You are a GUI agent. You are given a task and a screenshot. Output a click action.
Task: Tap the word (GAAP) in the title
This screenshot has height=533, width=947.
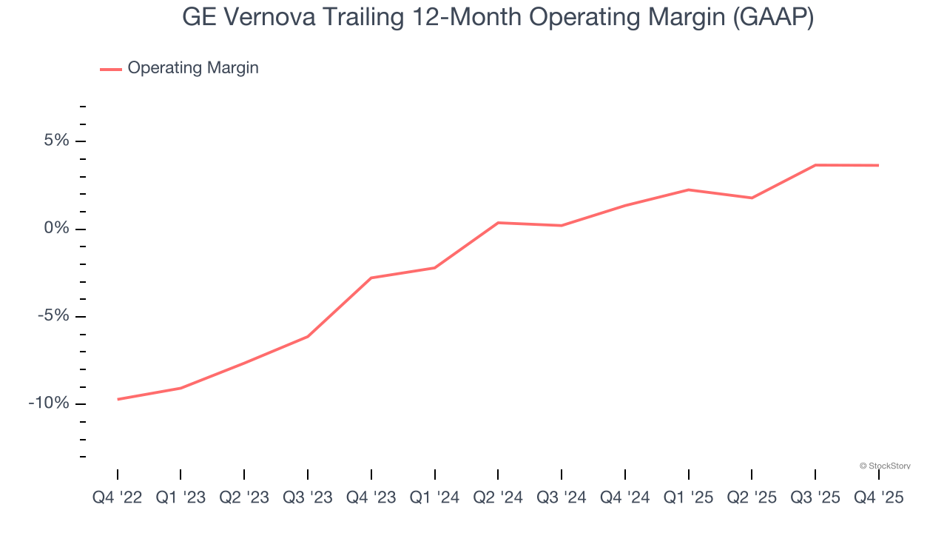pos(773,18)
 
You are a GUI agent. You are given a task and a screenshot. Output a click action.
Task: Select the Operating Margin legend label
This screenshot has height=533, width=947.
pos(193,68)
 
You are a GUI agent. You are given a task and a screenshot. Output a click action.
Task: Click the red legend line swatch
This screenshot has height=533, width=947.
pos(111,70)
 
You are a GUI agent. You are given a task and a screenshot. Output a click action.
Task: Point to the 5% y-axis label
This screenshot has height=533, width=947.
pos(56,141)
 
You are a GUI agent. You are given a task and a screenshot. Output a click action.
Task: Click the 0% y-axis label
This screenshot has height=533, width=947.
pos(56,228)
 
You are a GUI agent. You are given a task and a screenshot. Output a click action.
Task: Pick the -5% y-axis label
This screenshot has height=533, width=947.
pos(53,316)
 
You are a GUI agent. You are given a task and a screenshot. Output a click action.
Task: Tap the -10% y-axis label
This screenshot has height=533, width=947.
pos(50,403)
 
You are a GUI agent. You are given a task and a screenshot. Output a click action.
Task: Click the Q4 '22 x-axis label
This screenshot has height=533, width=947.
pos(117,497)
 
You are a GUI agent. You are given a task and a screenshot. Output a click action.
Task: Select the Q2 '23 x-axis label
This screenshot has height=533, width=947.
pos(244,497)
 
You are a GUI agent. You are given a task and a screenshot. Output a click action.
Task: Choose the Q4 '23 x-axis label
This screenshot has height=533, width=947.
pos(371,497)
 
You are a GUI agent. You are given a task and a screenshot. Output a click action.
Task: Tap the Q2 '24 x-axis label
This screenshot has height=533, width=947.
pos(498,497)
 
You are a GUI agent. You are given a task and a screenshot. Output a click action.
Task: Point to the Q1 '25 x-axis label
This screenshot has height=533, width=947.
pos(689,497)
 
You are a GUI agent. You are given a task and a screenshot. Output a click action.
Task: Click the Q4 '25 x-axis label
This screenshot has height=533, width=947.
pos(879,497)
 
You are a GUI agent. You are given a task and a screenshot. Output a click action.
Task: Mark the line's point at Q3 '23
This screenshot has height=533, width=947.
pos(308,337)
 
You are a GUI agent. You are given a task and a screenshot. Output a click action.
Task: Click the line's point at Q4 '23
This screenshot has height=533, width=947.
pos(371,278)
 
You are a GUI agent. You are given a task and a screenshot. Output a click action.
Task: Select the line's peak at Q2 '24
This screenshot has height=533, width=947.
pos(498,223)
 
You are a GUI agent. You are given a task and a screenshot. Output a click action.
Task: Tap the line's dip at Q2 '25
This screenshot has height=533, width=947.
pos(752,198)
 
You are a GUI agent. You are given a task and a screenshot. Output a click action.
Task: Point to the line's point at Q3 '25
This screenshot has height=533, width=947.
pos(815,165)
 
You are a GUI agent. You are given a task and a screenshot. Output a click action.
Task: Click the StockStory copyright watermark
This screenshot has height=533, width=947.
pos(885,466)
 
